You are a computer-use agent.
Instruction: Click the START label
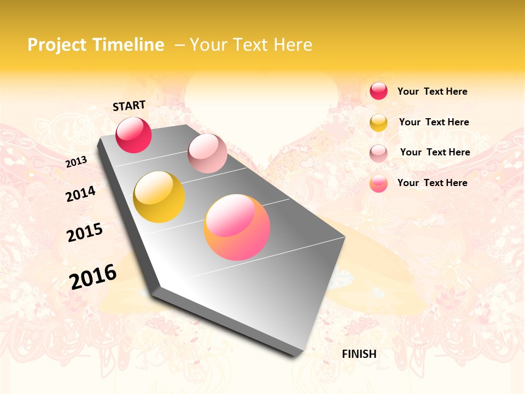[x=129, y=106]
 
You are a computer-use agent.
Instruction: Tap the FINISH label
[x=359, y=354]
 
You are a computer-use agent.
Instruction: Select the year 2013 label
[x=77, y=162]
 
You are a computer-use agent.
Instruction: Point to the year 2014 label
[x=81, y=194]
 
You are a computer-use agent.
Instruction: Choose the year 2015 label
[x=85, y=233]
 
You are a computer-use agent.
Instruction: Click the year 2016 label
[x=93, y=276]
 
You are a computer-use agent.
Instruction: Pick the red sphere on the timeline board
[x=133, y=135]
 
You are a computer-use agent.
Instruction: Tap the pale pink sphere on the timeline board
[x=207, y=153]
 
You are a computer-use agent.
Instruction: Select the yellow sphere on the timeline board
[x=159, y=197]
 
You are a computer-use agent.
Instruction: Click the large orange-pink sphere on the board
[x=237, y=227]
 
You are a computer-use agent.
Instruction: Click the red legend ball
[x=378, y=91]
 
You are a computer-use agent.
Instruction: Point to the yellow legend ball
[x=378, y=123]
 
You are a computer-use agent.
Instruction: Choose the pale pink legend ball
[x=378, y=153]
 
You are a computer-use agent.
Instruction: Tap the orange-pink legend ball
[x=378, y=183]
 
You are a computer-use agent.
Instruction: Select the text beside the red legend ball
[x=432, y=91]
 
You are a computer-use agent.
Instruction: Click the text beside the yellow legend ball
[x=434, y=122]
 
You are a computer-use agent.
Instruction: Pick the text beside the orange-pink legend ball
[x=432, y=183]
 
